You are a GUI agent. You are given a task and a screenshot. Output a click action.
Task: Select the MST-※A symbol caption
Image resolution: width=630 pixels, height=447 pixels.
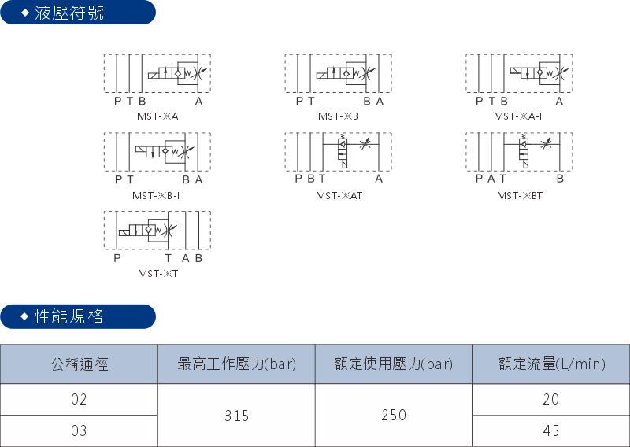[x=157, y=116]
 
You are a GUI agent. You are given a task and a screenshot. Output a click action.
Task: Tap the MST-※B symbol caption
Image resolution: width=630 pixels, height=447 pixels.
[x=339, y=116]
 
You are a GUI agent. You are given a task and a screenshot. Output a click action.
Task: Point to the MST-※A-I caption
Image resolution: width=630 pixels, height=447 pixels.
[x=518, y=116]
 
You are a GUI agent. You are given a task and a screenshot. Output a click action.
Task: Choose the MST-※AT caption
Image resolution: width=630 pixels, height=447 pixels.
[x=339, y=195]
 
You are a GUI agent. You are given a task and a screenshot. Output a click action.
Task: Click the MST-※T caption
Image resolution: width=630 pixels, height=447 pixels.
[x=157, y=274]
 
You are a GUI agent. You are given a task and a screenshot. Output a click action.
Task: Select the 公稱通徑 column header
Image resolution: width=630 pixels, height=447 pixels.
[x=79, y=364]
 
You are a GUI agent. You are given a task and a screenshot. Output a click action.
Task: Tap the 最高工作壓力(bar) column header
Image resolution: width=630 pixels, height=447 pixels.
[x=236, y=364]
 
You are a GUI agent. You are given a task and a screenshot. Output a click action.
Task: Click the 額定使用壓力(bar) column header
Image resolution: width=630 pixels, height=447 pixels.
[x=394, y=364]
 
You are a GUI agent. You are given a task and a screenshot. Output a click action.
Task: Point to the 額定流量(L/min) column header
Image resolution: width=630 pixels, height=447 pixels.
[x=551, y=364]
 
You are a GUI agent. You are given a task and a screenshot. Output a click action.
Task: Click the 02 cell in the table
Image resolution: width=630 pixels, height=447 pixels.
[x=79, y=400]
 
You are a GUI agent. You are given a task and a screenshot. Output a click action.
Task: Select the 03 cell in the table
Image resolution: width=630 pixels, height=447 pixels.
[x=79, y=431]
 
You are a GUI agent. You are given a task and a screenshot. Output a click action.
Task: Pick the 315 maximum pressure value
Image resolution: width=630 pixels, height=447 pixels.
[x=236, y=416]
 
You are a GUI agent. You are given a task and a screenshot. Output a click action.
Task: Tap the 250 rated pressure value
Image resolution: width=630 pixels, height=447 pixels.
[x=394, y=416]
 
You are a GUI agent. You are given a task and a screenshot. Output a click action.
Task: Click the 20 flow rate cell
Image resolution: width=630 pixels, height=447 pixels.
[x=551, y=400]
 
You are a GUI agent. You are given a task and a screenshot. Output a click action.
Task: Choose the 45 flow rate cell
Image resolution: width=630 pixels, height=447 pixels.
[x=551, y=431]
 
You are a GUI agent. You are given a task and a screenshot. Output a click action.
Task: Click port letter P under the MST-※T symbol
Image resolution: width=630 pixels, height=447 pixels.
[x=117, y=258]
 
